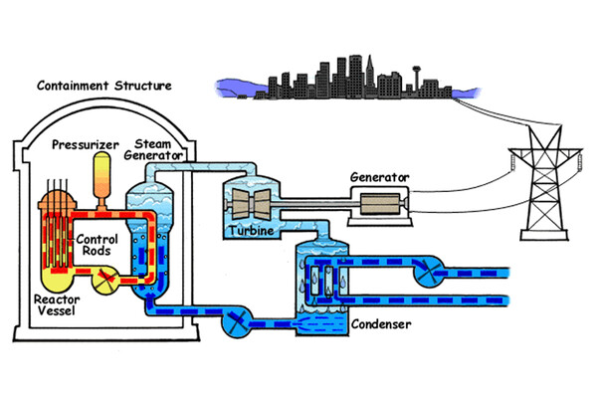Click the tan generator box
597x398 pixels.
click(383, 208)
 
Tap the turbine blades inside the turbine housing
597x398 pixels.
click(255, 204)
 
